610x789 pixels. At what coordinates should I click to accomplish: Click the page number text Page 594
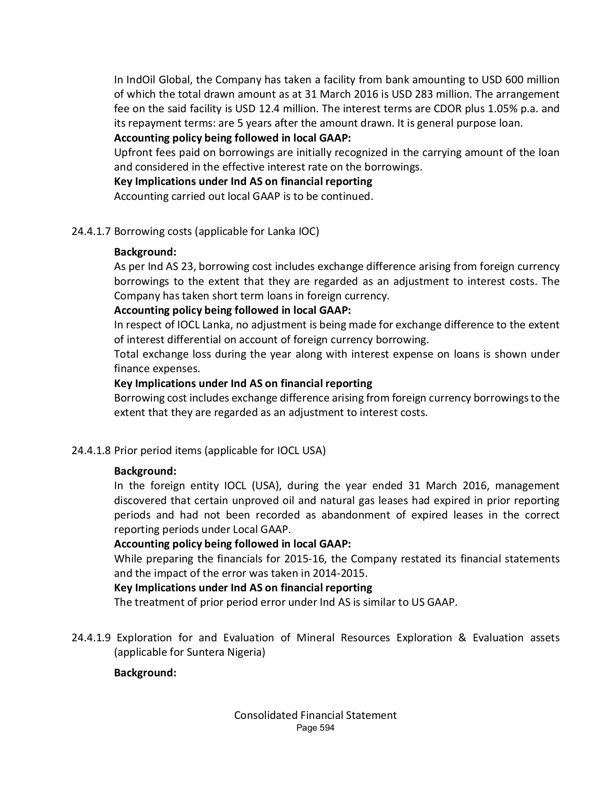click(315, 728)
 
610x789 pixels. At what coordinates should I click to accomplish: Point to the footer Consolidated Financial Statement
click(315, 715)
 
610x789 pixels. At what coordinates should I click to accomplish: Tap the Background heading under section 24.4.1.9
click(145, 673)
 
